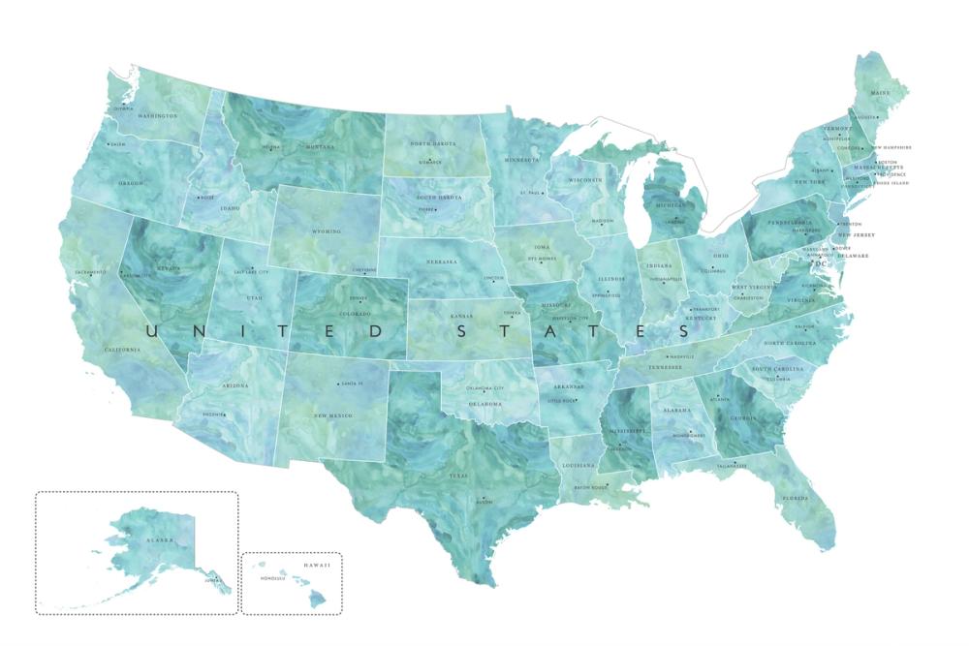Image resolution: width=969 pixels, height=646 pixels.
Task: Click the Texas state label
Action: pos(457,477)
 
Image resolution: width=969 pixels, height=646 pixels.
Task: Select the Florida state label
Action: pos(795,499)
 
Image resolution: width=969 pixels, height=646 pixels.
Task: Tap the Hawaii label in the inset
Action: pos(317,564)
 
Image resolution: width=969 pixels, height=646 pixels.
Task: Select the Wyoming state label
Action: pos(327,232)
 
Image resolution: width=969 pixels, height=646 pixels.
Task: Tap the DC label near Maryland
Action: pos(822,263)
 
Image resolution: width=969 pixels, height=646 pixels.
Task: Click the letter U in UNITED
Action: pos(153,332)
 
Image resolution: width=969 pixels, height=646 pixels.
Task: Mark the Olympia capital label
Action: pos(123,109)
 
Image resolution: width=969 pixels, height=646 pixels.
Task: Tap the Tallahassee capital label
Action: pos(733,466)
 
